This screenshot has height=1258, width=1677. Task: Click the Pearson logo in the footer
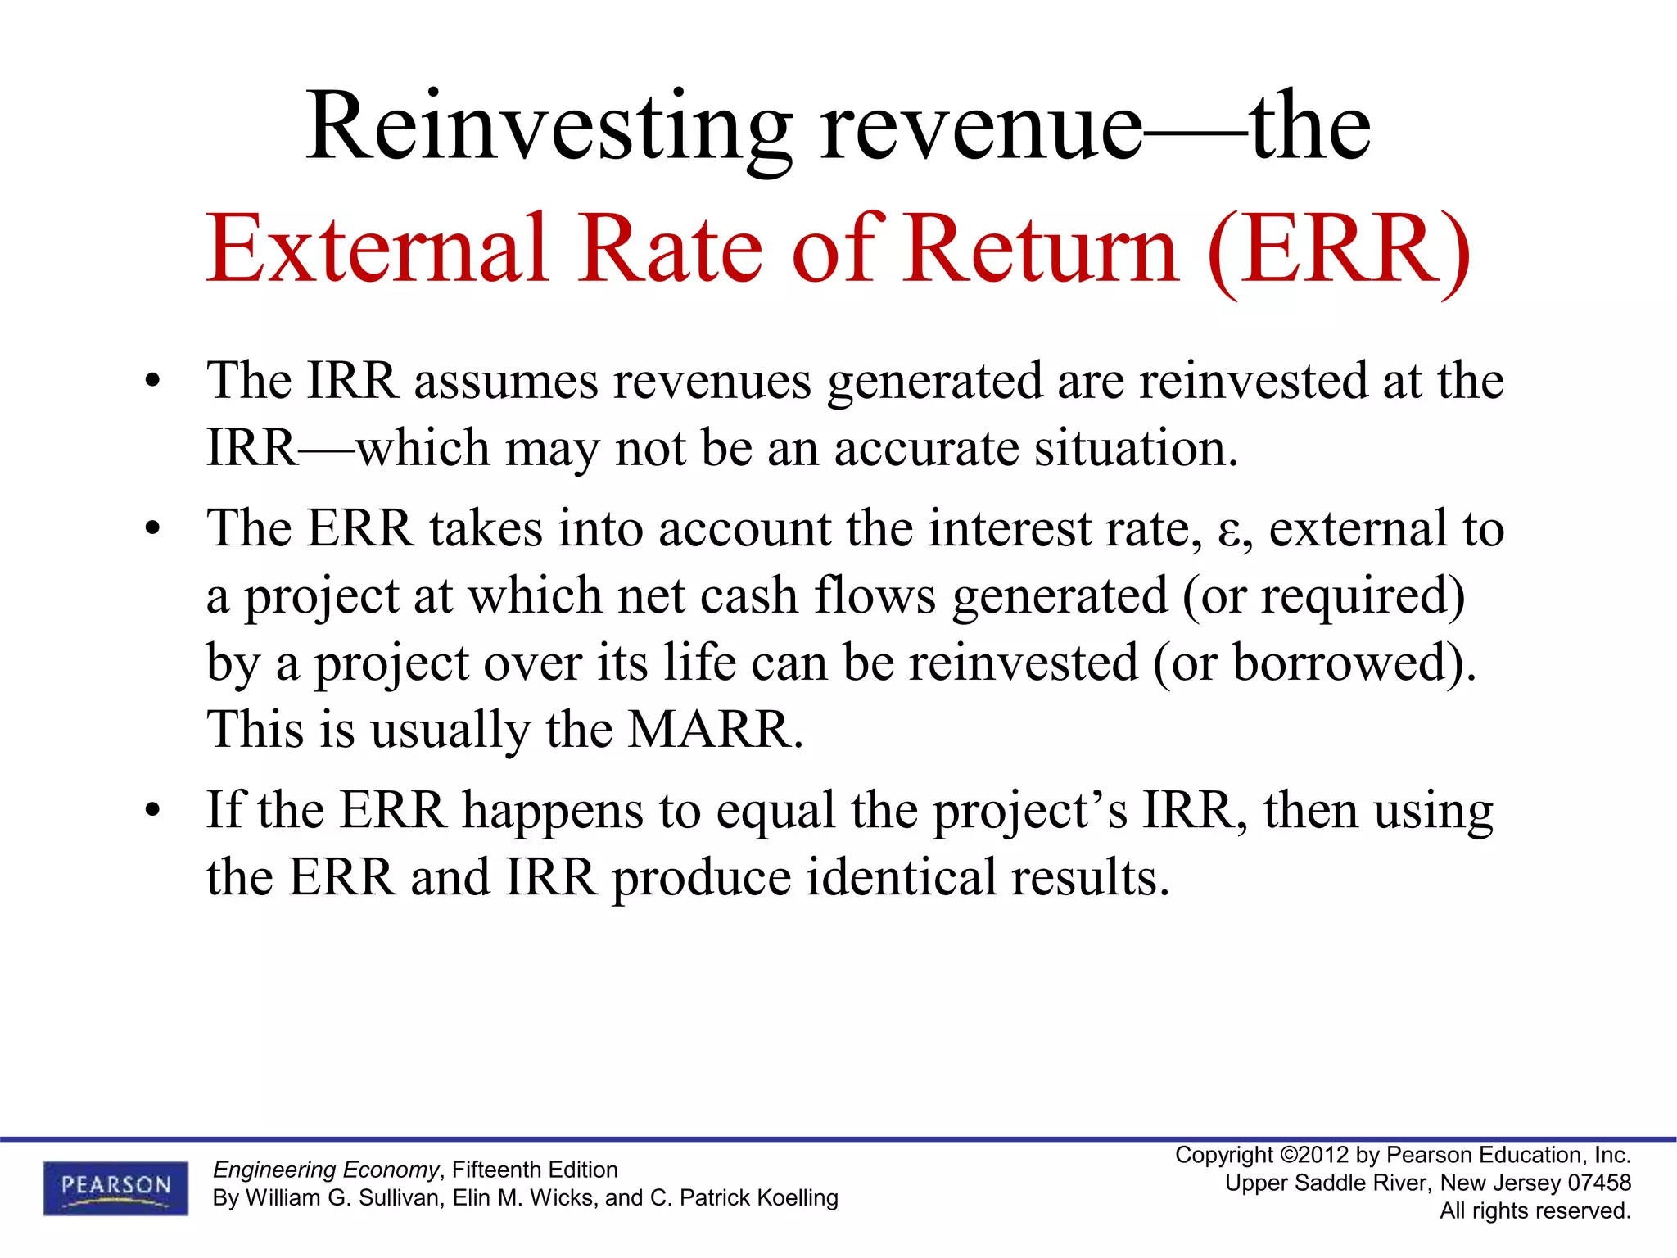pyautogui.click(x=115, y=1187)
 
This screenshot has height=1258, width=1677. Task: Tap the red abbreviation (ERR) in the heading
pyautogui.click(x=1339, y=251)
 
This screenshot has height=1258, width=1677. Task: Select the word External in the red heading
pyautogui.click(x=377, y=249)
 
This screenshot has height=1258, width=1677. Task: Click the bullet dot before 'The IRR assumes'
pyautogui.click(x=152, y=382)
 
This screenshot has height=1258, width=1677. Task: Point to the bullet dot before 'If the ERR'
pyautogui.click(x=152, y=812)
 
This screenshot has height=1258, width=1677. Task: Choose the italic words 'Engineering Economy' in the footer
pyautogui.click(x=326, y=1170)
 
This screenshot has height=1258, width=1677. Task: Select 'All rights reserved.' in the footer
pyautogui.click(x=1535, y=1210)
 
